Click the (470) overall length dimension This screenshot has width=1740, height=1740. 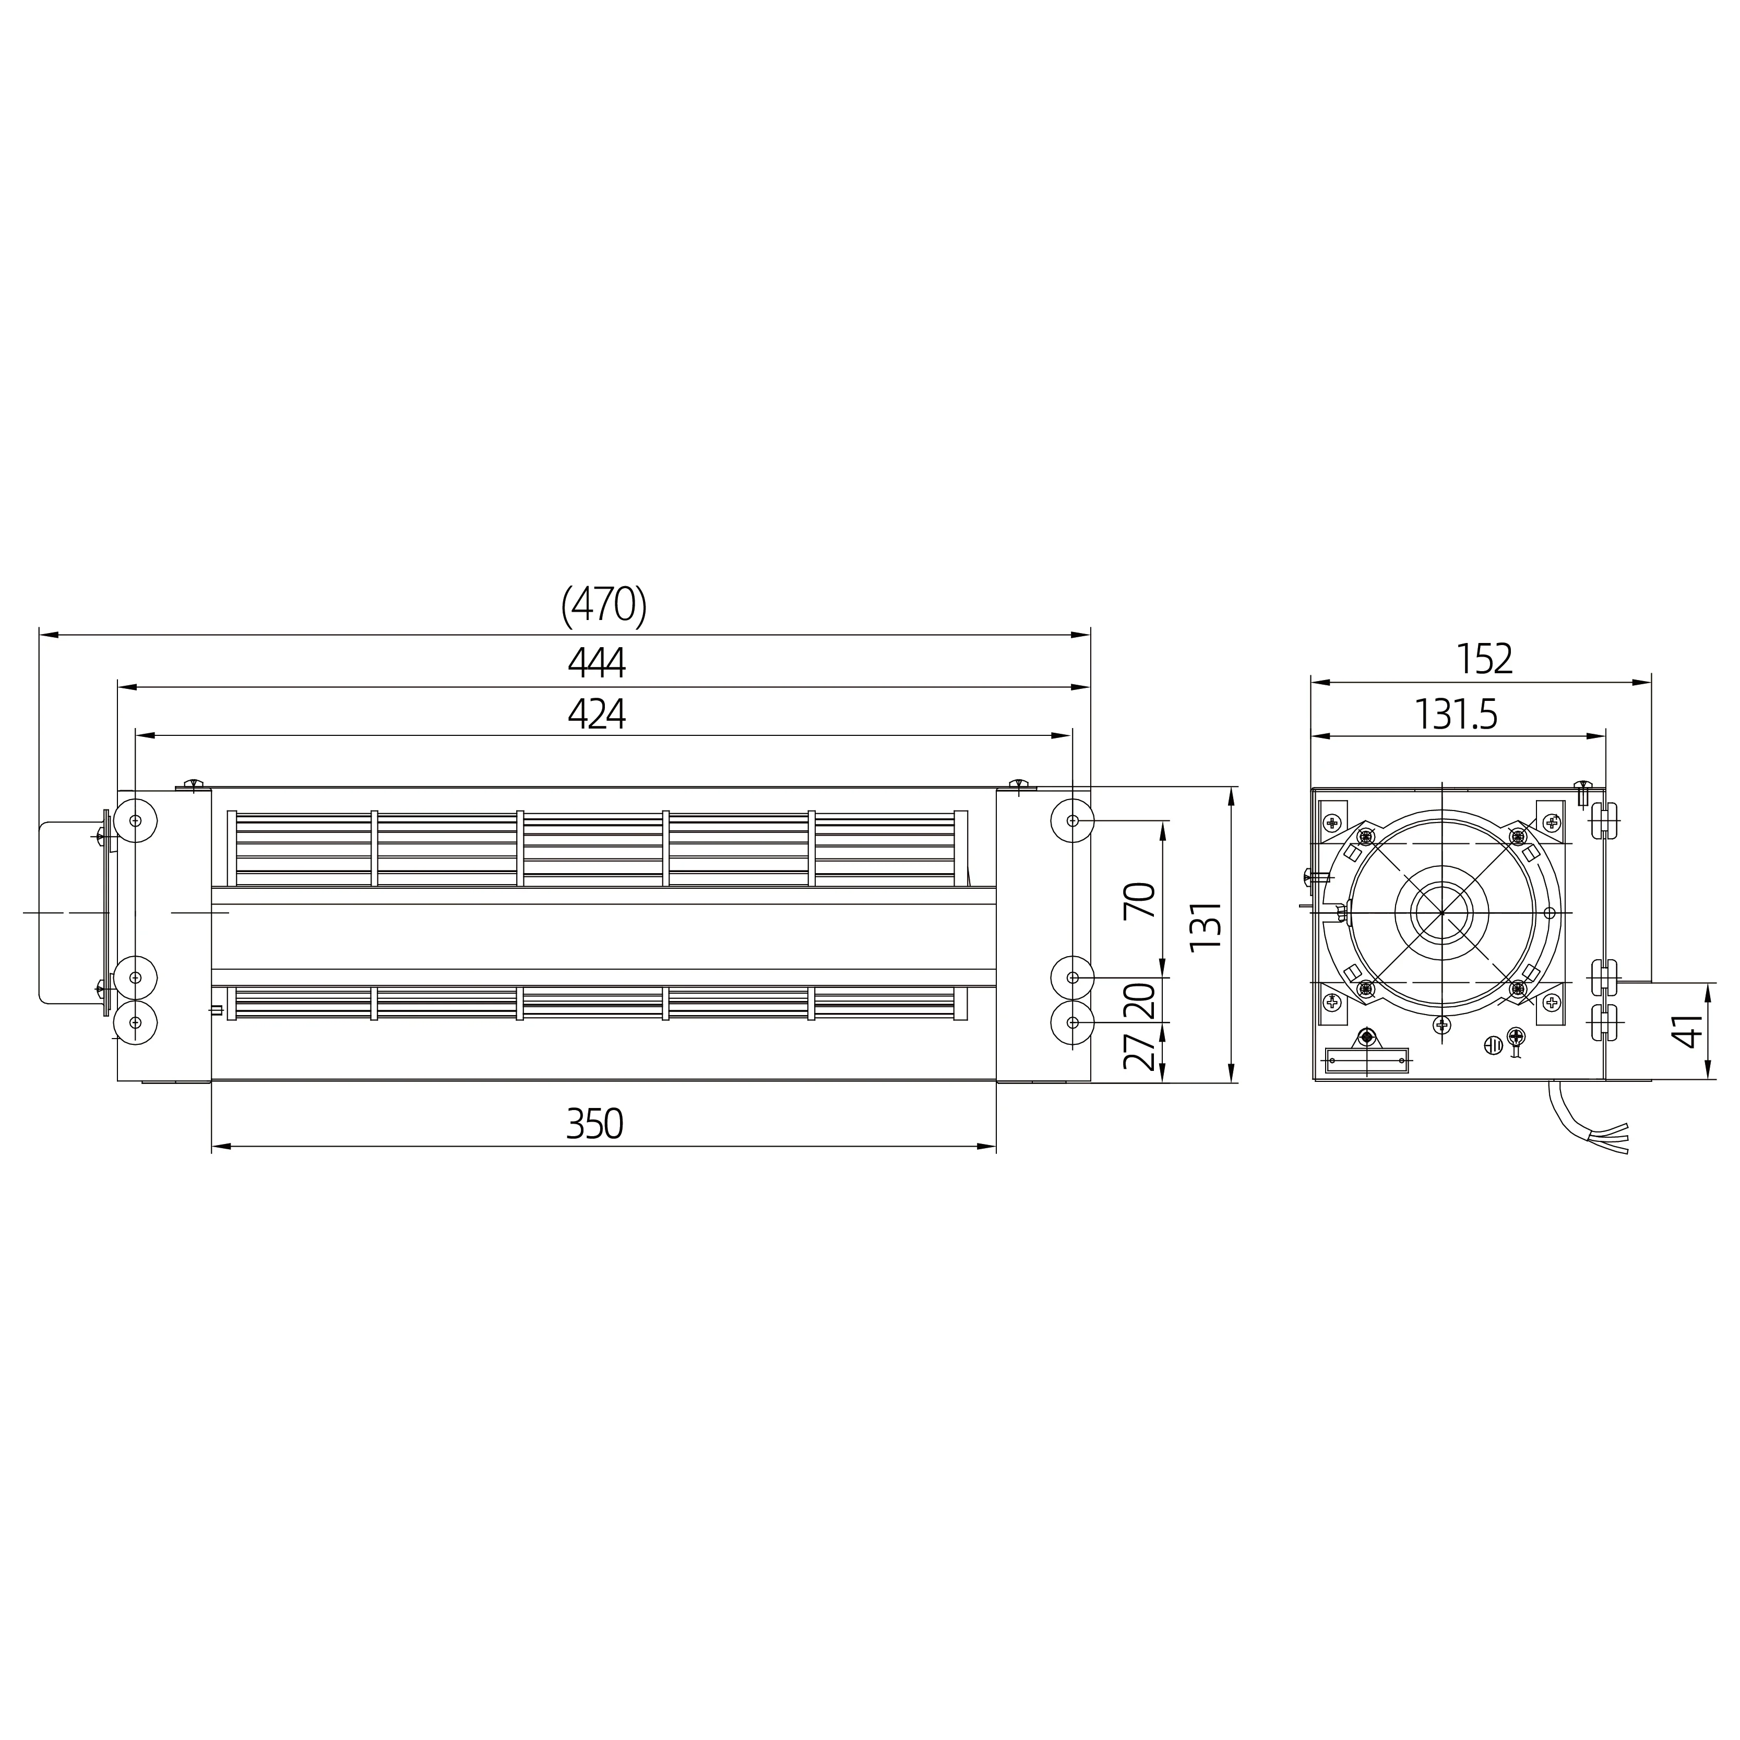(603, 605)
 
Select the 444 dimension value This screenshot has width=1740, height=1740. (596, 663)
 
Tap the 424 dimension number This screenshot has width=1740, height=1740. (596, 714)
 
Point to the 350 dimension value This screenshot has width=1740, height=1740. (594, 1124)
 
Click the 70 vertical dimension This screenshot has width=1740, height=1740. (1140, 900)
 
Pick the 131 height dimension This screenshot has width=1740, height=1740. (1205, 924)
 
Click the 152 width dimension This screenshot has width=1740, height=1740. (1484, 659)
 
